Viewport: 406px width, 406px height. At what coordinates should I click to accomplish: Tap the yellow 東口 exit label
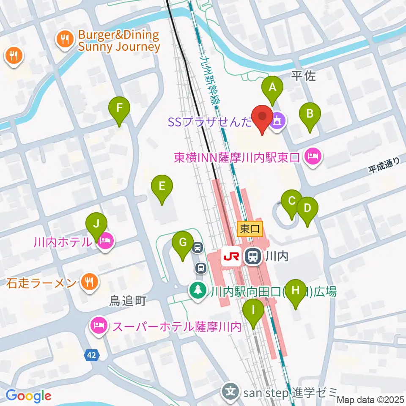pos(250,229)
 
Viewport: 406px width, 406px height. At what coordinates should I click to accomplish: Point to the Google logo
pos(28,396)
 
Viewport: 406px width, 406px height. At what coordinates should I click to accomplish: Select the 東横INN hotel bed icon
pos(313,157)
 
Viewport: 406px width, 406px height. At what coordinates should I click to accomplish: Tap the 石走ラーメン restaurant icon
pos(89,283)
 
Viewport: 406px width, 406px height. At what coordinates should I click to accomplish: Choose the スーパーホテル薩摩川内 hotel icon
pos(99,326)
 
